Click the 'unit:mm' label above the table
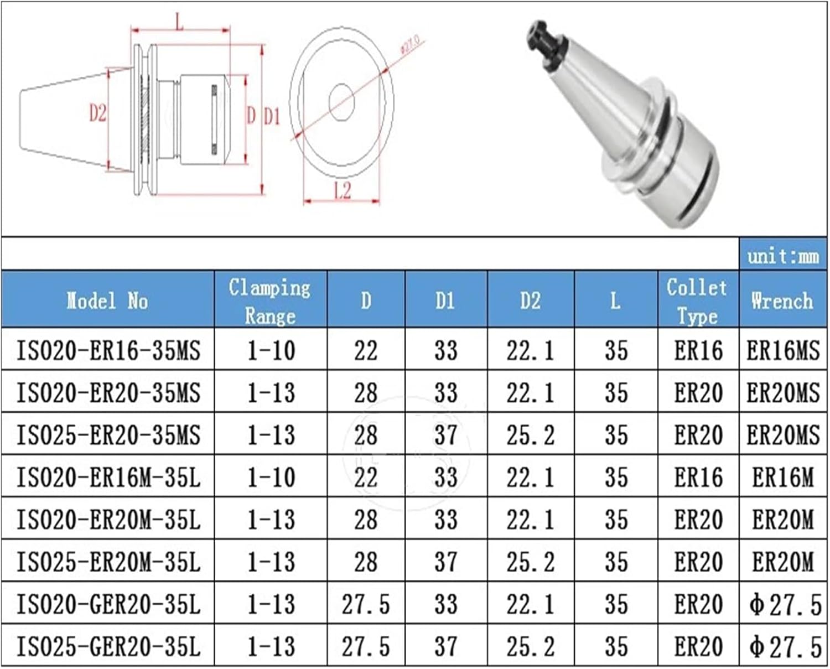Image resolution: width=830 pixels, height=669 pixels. coord(783,256)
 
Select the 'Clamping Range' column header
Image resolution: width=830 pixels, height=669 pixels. coord(270,301)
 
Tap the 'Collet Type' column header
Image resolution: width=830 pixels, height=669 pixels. coord(697,301)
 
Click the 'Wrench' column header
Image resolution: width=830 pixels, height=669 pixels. coord(782,300)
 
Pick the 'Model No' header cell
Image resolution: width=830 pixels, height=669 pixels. coord(107,300)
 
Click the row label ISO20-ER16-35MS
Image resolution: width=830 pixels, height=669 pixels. coord(108,350)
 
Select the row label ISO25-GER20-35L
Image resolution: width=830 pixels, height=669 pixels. coord(108,646)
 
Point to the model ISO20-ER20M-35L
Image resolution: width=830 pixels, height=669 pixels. coord(108,520)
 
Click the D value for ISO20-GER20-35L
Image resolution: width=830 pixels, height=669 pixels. coord(366,604)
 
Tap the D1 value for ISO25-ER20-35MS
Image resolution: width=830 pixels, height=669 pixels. coord(445,435)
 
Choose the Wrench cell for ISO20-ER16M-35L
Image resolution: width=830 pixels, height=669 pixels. coord(782,477)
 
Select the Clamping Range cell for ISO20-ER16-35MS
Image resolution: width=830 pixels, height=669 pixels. coord(271,350)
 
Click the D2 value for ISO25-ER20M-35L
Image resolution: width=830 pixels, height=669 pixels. coord(530,562)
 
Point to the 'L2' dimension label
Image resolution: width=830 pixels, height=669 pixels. coord(343,190)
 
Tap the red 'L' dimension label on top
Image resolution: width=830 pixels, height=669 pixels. coord(179,23)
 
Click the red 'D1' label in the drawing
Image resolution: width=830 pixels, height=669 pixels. coord(271,117)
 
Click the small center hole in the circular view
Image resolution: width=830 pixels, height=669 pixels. coord(341,102)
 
